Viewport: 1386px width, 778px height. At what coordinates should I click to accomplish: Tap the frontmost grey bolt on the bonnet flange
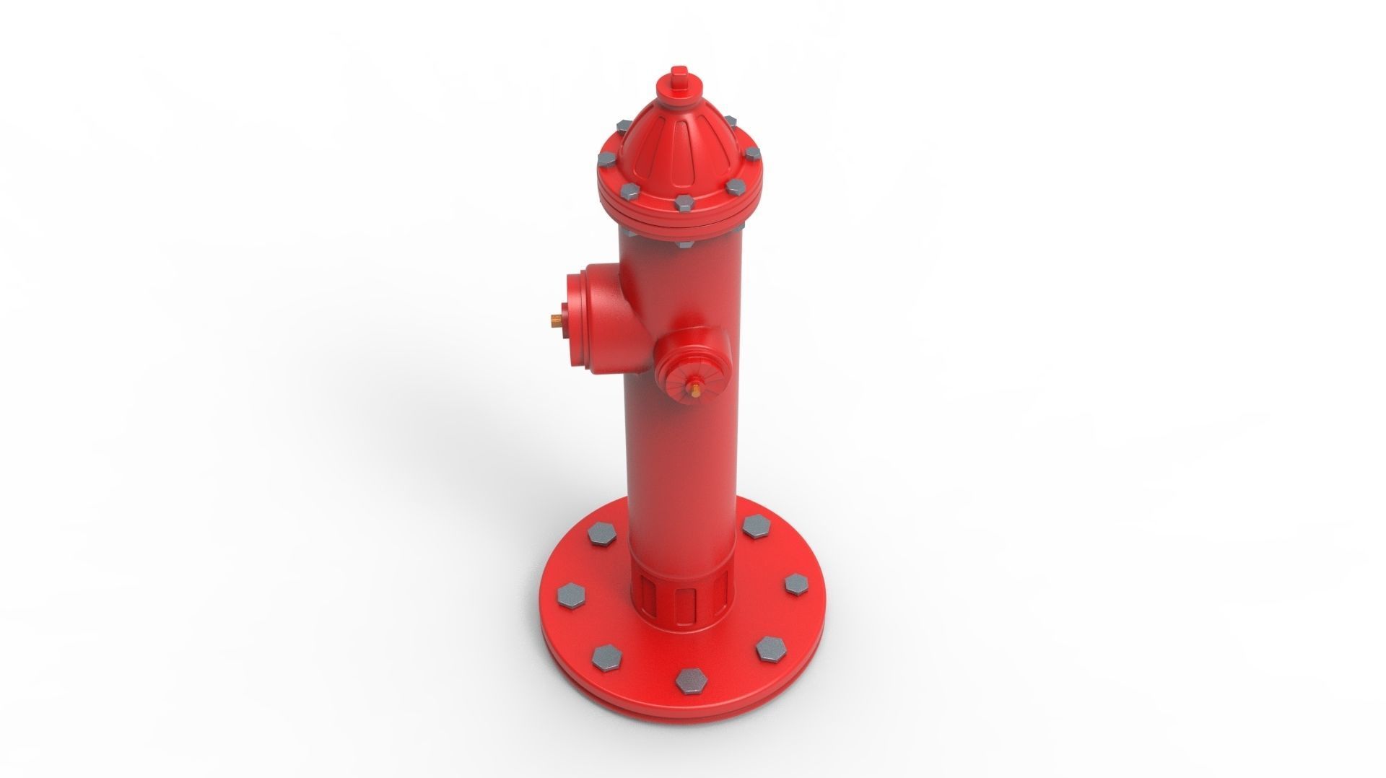683,202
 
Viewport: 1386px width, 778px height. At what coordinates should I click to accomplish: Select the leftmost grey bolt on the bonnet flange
606,158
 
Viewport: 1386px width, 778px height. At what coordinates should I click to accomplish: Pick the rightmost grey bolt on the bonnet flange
752,155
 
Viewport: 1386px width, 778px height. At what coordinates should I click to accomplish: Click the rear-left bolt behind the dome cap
622,127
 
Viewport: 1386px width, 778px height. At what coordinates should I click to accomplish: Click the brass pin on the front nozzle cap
694,390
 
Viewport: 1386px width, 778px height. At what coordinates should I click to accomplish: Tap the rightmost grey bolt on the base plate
796,584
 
